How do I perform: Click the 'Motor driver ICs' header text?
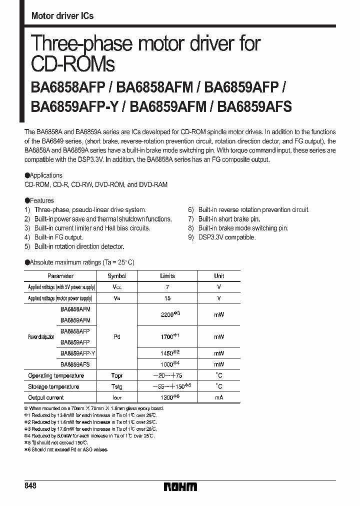tap(62, 16)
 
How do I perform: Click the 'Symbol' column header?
tap(117, 276)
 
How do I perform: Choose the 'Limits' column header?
tap(167, 276)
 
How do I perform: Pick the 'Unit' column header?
tap(219, 276)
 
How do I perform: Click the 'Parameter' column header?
tap(60, 276)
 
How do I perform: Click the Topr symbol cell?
tap(117, 375)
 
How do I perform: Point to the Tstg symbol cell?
tap(117, 386)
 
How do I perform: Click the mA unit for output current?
tap(219, 397)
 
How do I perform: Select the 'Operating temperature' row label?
tap(56, 375)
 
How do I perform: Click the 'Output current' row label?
tap(46, 397)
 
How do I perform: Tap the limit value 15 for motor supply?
tap(167, 298)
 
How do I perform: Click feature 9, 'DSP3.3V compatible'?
tap(226, 237)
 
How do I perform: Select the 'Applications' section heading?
tap(45, 175)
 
